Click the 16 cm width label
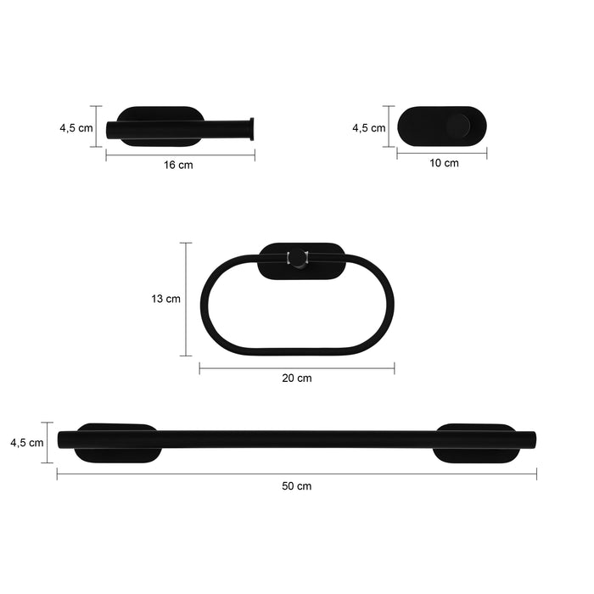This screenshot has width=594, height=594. click(x=178, y=165)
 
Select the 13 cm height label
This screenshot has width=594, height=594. click(x=166, y=299)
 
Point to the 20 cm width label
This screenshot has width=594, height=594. click(x=297, y=378)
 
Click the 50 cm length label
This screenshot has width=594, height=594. click(x=297, y=485)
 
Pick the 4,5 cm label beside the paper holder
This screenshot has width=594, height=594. click(x=76, y=128)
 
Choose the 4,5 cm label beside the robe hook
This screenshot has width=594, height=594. click(x=368, y=128)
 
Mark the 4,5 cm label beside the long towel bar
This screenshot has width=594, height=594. click(x=26, y=442)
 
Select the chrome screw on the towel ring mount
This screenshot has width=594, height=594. click(x=299, y=258)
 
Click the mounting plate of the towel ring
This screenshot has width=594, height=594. click(x=322, y=262)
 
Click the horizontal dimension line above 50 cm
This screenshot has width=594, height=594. click(x=297, y=474)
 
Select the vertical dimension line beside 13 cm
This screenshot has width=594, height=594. click(x=187, y=299)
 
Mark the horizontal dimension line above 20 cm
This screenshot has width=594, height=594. click(x=297, y=367)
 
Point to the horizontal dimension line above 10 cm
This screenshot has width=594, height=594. click(x=442, y=154)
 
